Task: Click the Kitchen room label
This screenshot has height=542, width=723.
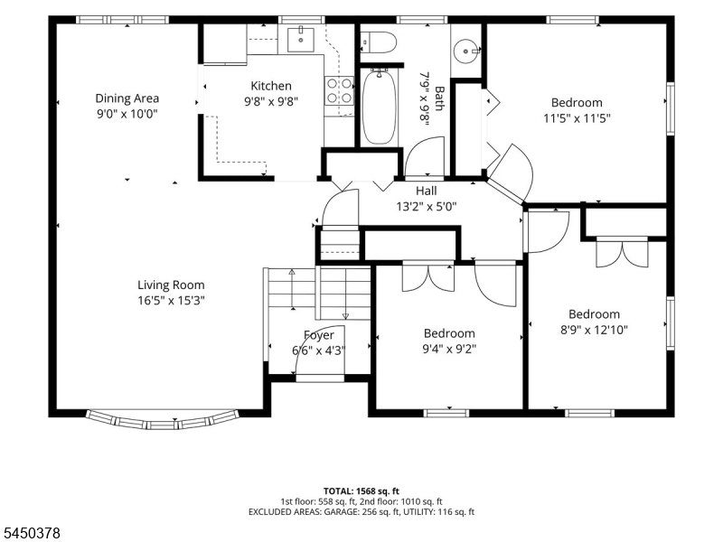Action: point(271,86)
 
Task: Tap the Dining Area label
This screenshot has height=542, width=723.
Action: point(127,98)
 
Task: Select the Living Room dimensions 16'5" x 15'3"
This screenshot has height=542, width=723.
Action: point(171,301)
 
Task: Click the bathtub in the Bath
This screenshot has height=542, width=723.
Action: point(379,107)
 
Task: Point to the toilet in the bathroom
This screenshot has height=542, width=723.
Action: point(378,42)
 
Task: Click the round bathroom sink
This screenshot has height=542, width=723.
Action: point(466,50)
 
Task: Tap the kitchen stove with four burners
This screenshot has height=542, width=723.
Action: point(340,91)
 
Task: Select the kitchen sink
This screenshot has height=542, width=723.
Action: point(301,40)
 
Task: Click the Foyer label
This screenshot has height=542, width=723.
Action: point(319,335)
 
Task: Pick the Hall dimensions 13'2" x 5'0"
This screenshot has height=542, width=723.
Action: point(427,206)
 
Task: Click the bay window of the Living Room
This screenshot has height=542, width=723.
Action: point(163,420)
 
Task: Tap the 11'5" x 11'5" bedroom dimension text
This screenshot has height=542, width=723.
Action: point(577,118)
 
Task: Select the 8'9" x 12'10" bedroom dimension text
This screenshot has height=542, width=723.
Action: point(594,330)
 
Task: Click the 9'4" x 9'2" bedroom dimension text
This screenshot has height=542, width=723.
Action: point(449,349)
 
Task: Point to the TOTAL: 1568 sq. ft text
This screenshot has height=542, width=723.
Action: point(361,491)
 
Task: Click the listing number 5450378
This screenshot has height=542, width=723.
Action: point(31,533)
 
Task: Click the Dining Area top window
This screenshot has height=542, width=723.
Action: point(122,20)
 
